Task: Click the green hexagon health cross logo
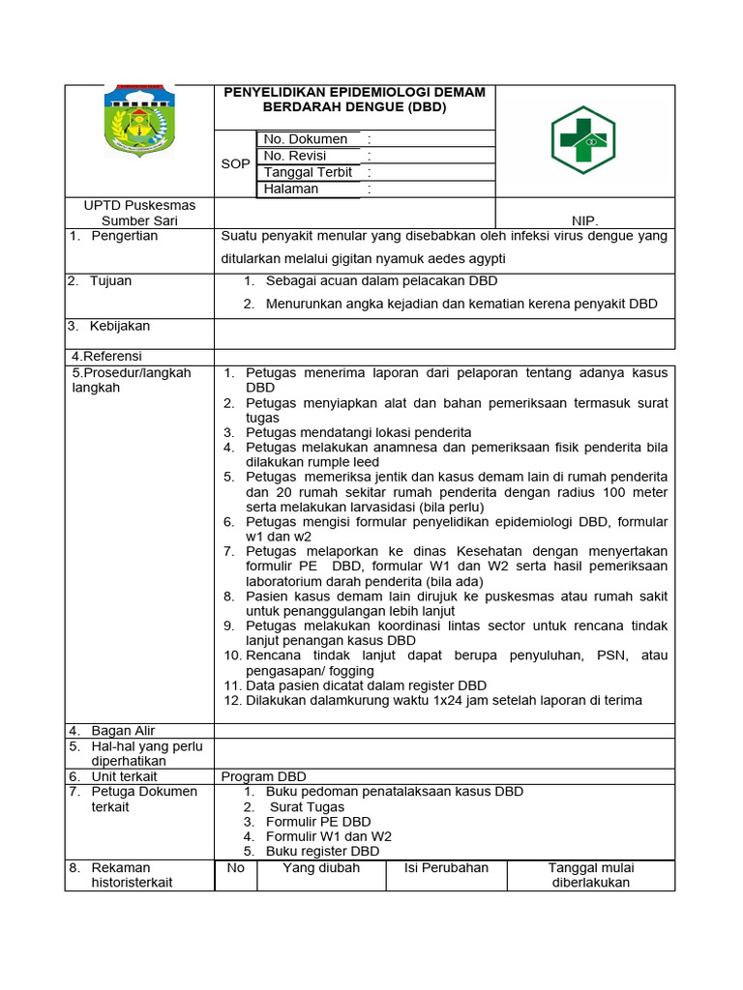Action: (x=581, y=139)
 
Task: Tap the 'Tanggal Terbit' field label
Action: (x=309, y=172)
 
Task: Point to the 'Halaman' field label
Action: (x=291, y=189)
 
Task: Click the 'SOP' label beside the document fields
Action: (x=235, y=164)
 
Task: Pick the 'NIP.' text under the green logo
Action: (x=585, y=220)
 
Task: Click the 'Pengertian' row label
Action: (x=124, y=236)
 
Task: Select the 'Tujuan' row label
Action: (x=110, y=281)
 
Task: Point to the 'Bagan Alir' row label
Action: (x=123, y=731)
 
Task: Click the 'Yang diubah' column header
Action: (x=320, y=868)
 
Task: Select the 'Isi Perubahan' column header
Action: (x=446, y=868)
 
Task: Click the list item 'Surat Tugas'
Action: (x=307, y=806)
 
